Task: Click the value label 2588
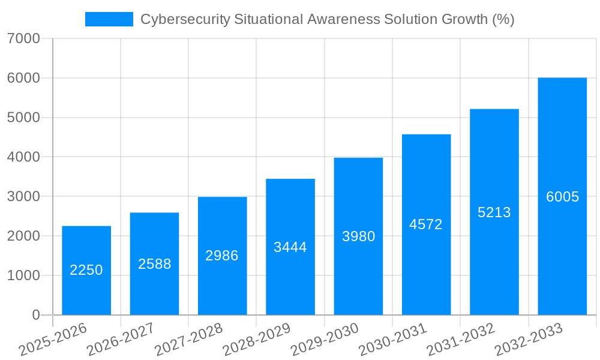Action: tap(154, 264)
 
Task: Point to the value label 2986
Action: tap(222, 256)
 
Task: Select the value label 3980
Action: tap(358, 236)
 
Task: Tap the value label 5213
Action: tap(494, 212)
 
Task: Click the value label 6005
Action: tap(562, 197)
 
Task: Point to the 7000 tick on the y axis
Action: tap(24, 39)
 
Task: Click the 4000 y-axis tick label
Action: tap(24, 157)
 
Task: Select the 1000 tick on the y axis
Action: tap(24, 275)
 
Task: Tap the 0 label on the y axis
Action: tap(36, 315)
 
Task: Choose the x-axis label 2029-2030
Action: tap(325, 339)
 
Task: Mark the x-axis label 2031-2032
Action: tap(461, 339)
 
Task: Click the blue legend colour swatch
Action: tap(109, 19)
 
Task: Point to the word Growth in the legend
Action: tap(465, 19)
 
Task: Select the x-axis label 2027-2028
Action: tap(189, 339)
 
